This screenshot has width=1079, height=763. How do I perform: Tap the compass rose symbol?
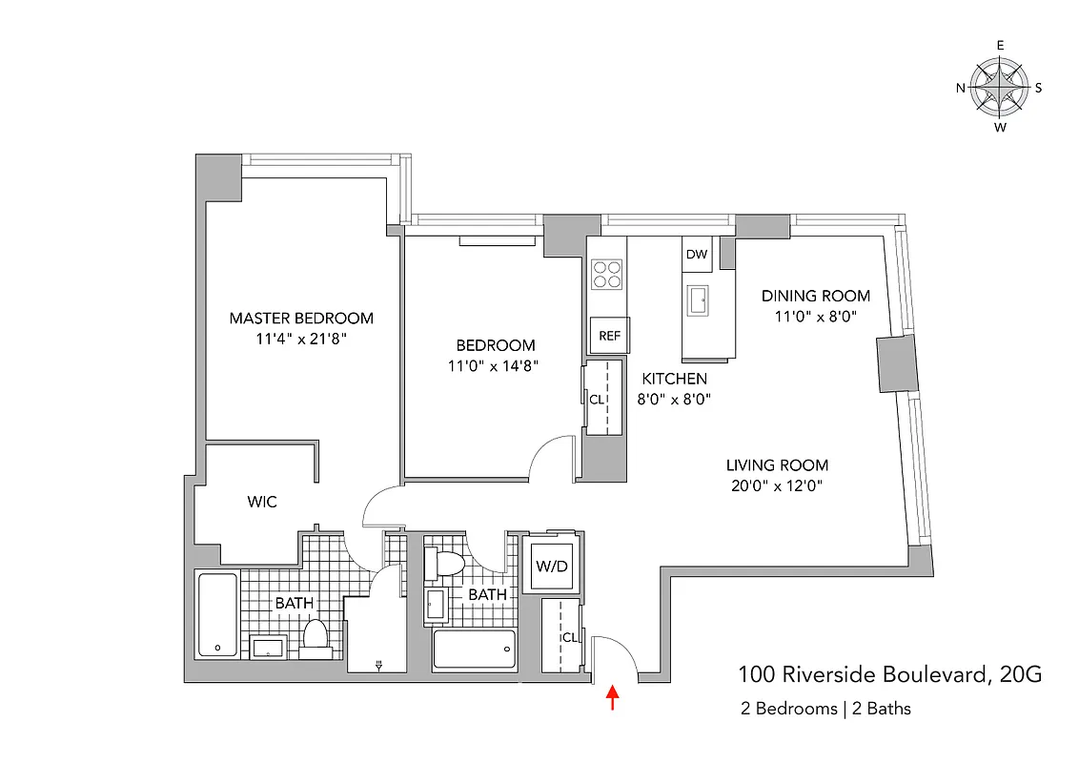point(1000,87)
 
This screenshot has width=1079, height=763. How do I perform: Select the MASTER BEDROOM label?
point(301,319)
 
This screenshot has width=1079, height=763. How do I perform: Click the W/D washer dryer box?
point(551,567)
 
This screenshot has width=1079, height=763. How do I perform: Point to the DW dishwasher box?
point(697,255)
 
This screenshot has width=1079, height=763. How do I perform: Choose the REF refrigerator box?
point(609,335)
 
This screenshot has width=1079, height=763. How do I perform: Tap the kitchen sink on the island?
point(699,299)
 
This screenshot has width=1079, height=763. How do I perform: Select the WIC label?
point(262,502)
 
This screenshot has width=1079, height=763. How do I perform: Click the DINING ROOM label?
point(816,296)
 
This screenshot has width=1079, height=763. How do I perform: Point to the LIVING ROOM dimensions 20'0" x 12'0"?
point(777,485)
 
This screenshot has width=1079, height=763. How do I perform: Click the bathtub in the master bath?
point(217,614)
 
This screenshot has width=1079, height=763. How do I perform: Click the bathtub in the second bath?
point(474,649)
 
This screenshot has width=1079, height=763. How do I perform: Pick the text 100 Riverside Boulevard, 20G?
point(890,675)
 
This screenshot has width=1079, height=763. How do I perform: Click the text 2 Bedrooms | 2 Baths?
point(825,709)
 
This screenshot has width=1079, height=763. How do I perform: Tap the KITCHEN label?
point(674,379)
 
